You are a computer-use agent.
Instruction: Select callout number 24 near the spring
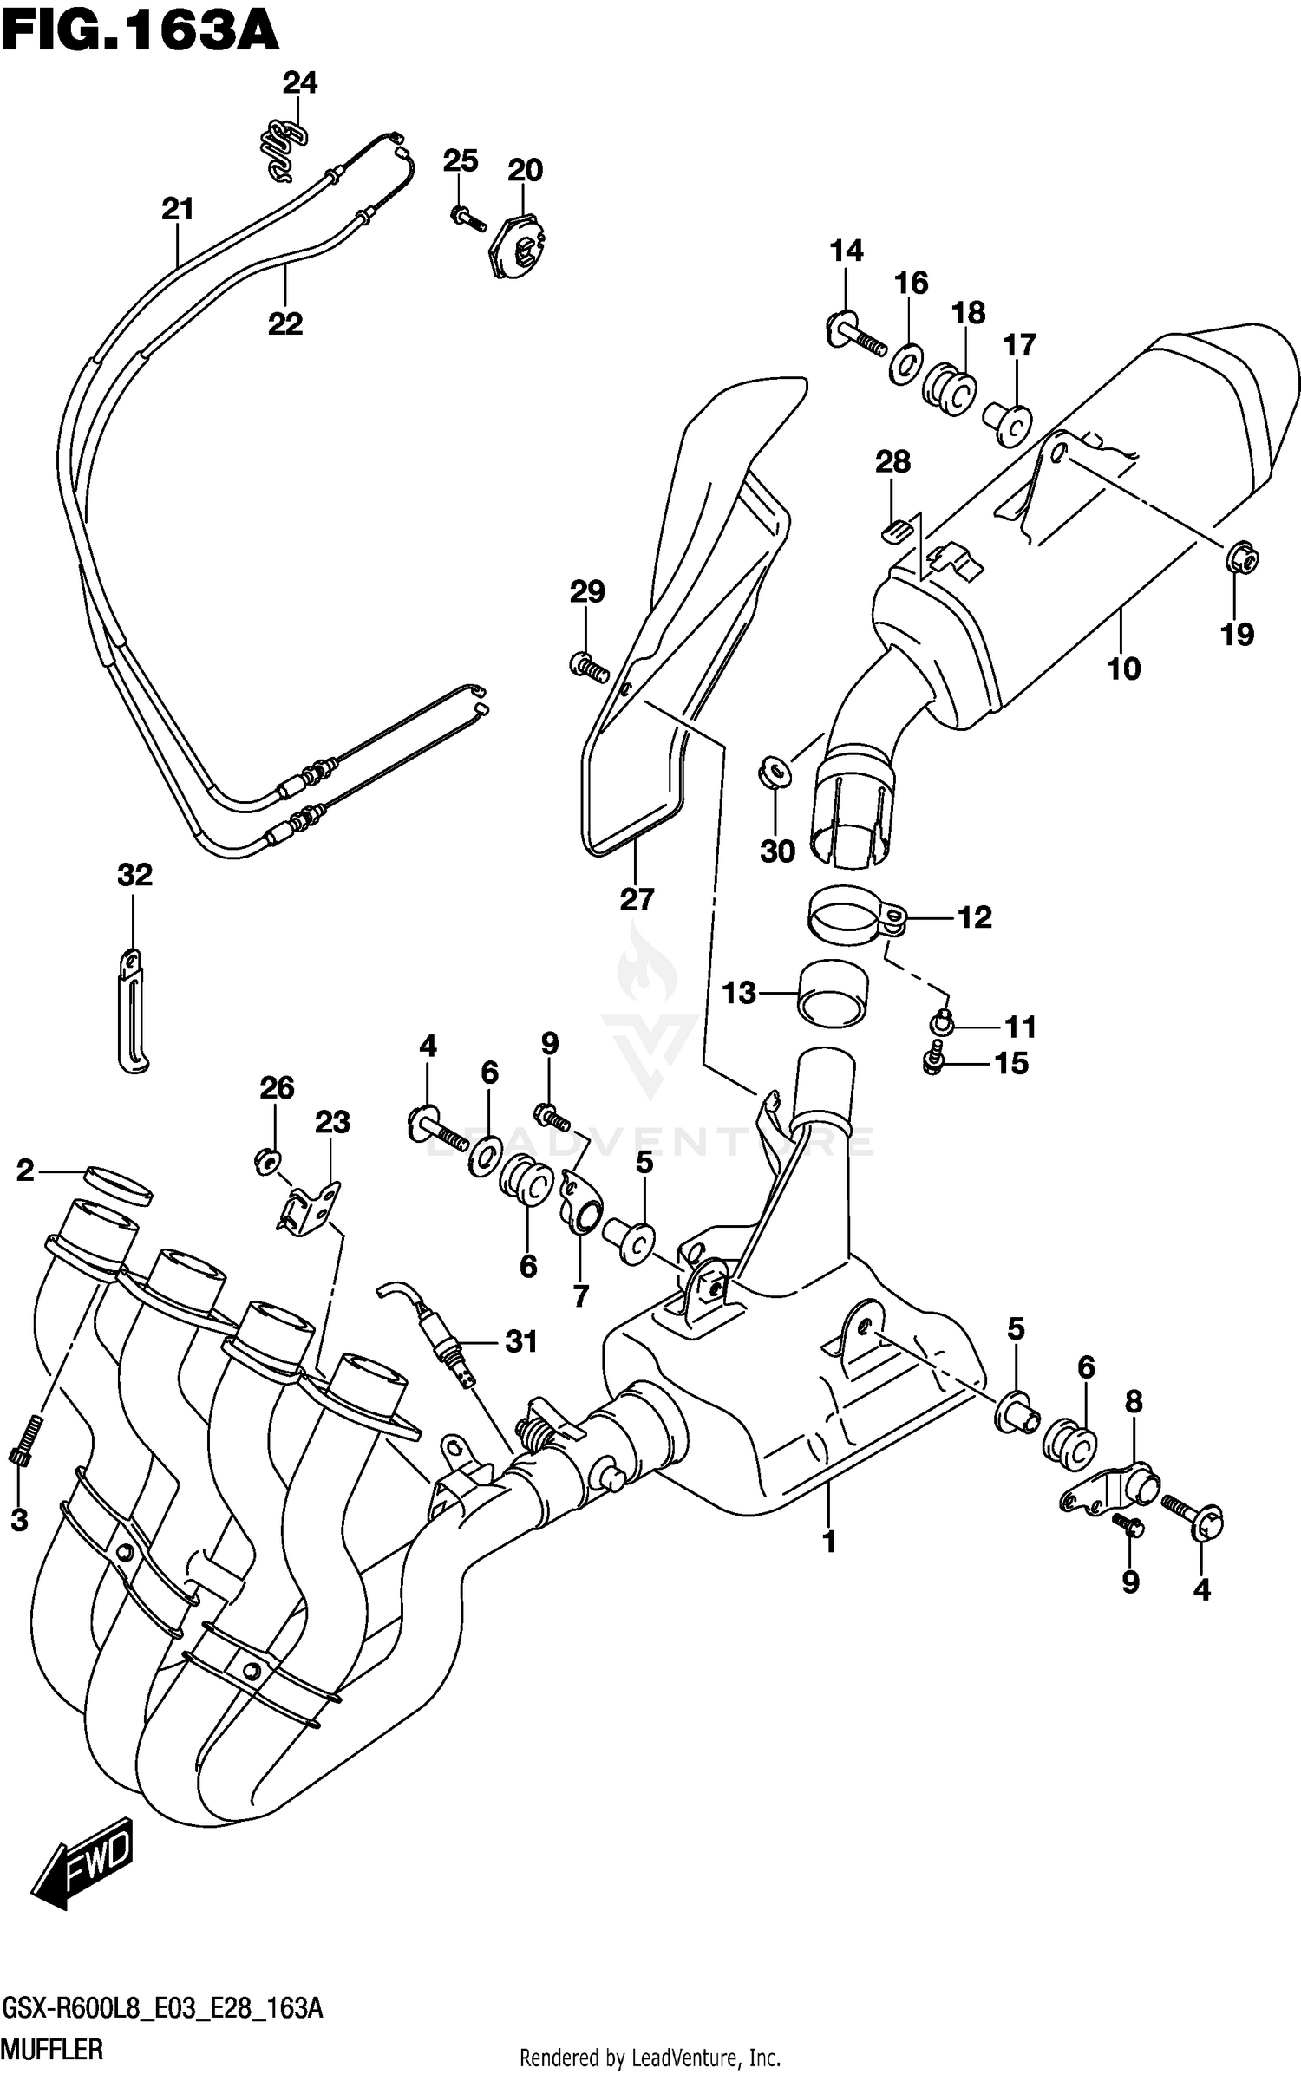click(x=300, y=83)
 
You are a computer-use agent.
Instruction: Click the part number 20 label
click(x=525, y=170)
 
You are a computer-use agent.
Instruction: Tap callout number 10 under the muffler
click(x=1123, y=669)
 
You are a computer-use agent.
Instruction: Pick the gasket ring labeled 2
click(x=120, y=1184)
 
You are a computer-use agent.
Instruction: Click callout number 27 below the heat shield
click(x=636, y=899)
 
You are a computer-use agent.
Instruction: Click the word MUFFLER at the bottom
click(x=52, y=2051)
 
